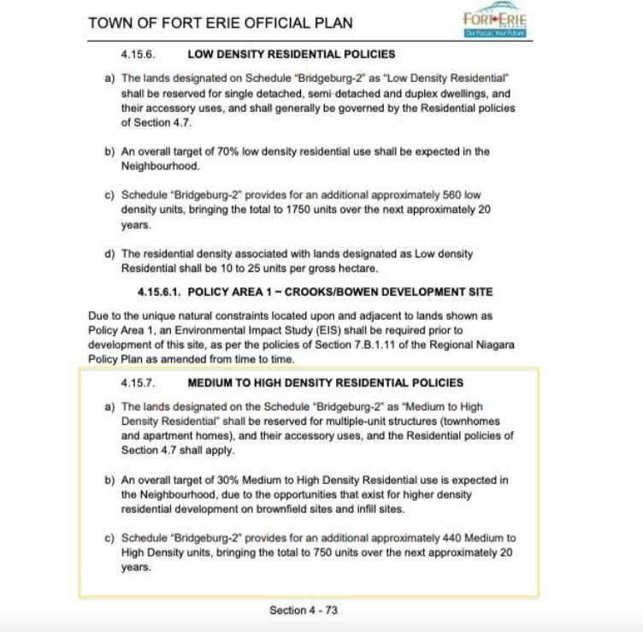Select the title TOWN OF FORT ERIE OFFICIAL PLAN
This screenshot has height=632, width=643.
[x=220, y=21]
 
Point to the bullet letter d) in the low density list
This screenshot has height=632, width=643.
[x=109, y=254]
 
